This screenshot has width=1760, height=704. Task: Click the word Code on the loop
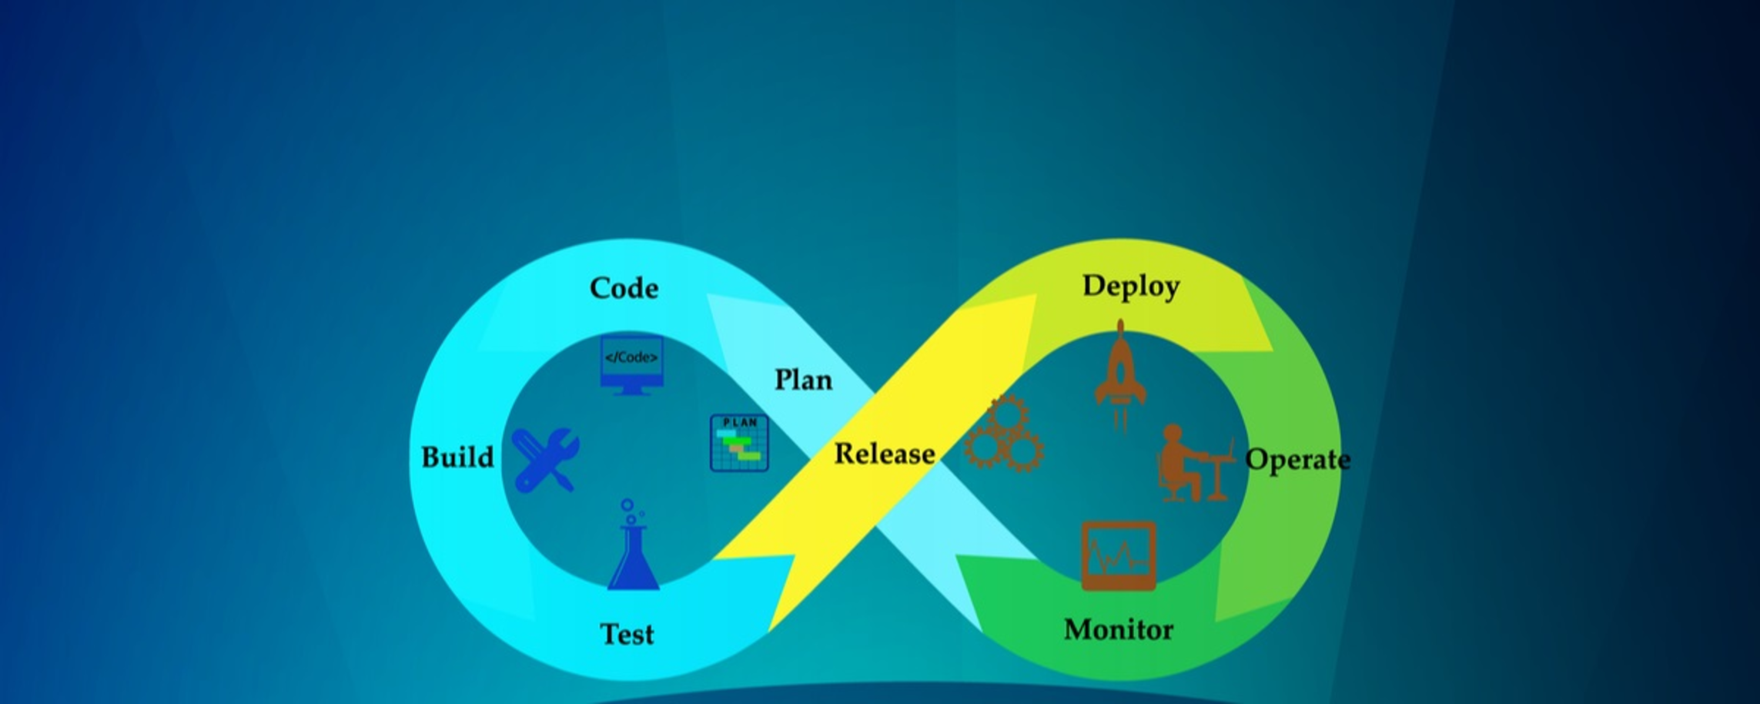point(624,288)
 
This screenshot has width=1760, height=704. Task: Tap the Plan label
point(803,380)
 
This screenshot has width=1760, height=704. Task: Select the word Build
point(457,457)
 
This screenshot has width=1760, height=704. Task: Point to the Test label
point(627,634)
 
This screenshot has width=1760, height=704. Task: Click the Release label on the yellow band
point(885,454)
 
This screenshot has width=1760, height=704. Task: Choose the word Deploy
point(1130,286)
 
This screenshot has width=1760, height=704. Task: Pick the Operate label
point(1297,460)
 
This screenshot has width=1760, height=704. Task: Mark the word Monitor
point(1118,630)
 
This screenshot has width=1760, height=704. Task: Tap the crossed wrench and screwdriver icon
point(545,459)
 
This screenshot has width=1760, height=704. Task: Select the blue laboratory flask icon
point(634,558)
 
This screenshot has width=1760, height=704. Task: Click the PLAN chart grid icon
point(739,443)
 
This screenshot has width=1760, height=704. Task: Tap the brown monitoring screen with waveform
point(1118,555)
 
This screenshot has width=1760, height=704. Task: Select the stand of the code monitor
point(631,391)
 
